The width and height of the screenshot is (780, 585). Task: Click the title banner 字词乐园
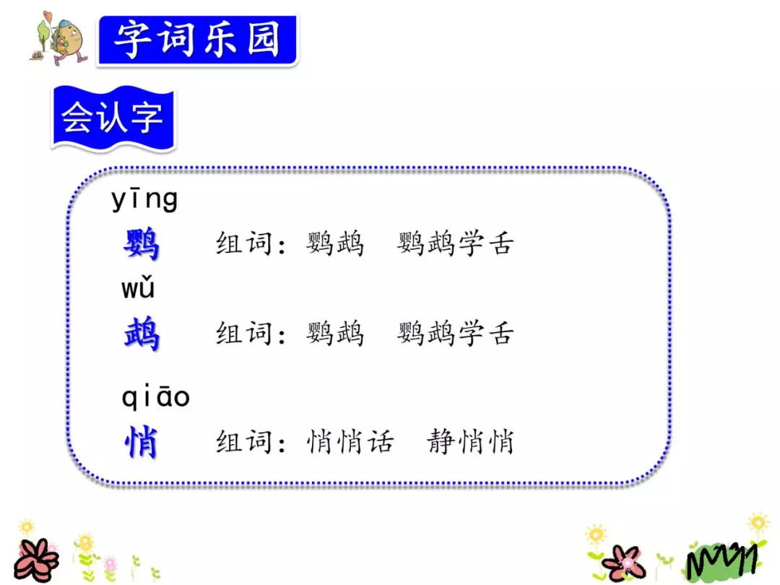pyautogui.click(x=196, y=40)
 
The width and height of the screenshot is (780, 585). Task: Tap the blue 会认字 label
pyautogui.click(x=112, y=118)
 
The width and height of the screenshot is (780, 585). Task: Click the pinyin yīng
pyautogui.click(x=144, y=200)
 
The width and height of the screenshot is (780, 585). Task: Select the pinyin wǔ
pyautogui.click(x=138, y=288)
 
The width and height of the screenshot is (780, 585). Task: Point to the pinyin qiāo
pyautogui.click(x=155, y=396)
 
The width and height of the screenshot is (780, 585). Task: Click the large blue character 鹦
pyautogui.click(x=141, y=244)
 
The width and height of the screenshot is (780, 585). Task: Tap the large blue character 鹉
pyautogui.click(x=141, y=334)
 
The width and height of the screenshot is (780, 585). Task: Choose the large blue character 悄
pyautogui.click(x=141, y=441)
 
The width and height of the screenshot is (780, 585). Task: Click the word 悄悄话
pyautogui.click(x=350, y=441)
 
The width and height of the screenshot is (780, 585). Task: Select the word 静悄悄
pyautogui.click(x=470, y=441)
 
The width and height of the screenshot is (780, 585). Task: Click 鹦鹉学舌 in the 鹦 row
pyautogui.click(x=455, y=244)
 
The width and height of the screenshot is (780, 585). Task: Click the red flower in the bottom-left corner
pyautogui.click(x=36, y=560)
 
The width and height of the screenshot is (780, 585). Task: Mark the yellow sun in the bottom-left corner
pyautogui.click(x=27, y=527)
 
